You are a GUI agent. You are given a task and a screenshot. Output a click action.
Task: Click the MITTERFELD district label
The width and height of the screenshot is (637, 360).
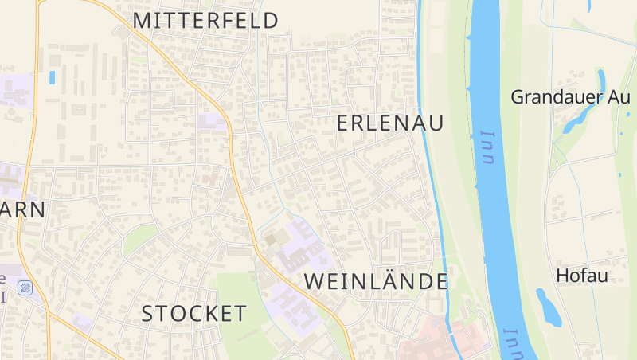[205, 21]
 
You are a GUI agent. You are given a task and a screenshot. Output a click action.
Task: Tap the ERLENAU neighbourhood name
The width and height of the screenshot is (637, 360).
[390, 123]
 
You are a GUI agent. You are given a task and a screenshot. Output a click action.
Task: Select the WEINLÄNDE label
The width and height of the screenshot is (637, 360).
[376, 281]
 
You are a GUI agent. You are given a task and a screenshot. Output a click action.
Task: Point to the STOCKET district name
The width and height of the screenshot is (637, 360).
[194, 314]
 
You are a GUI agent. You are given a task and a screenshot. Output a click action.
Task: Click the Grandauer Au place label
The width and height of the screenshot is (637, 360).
[570, 97]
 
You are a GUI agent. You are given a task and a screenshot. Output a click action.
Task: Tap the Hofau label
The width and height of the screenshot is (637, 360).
[582, 276]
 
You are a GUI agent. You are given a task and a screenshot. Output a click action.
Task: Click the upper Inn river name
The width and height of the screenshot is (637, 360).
[487, 147]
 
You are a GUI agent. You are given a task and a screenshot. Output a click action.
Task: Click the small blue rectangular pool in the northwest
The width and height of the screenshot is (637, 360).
[53, 77]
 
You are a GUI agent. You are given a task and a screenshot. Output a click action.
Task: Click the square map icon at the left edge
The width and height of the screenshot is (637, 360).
[26, 288]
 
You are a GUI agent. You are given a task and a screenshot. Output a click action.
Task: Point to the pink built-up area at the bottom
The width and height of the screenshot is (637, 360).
[438, 338]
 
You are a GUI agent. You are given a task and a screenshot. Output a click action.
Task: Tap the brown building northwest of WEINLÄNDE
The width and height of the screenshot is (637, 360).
[275, 237]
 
